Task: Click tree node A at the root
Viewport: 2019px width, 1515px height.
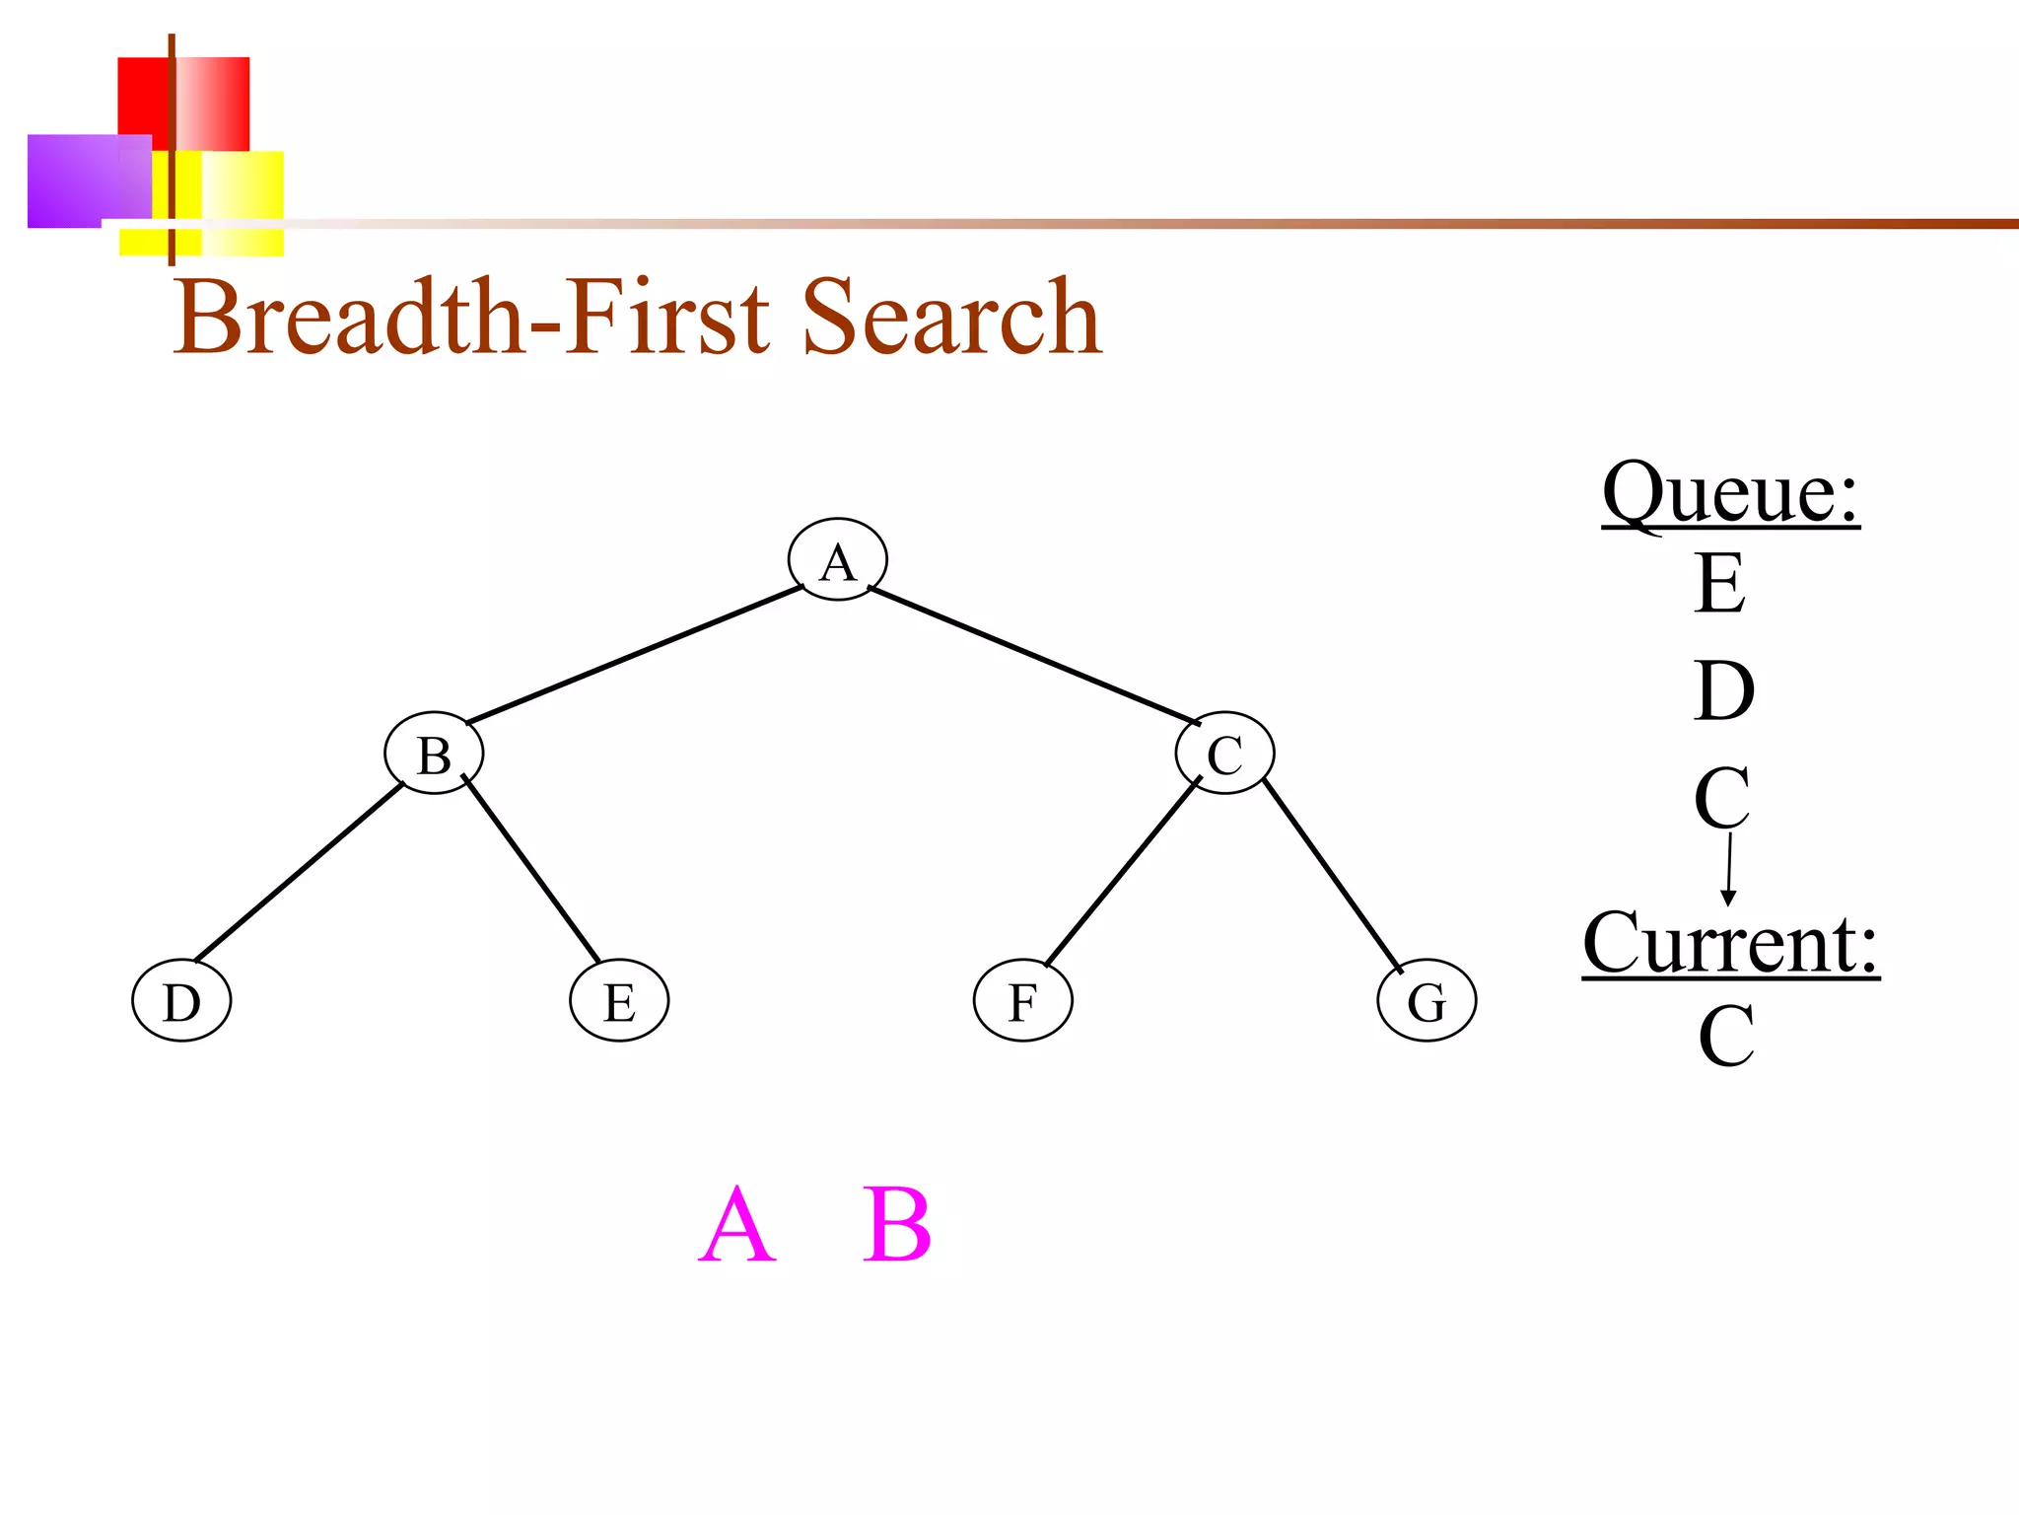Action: click(837, 559)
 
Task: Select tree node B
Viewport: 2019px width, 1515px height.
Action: click(434, 754)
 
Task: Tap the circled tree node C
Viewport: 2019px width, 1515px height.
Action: click(1224, 754)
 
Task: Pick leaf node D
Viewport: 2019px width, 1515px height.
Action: click(181, 1001)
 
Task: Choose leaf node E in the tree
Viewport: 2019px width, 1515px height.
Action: click(619, 1001)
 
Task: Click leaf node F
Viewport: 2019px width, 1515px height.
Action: click(1022, 1001)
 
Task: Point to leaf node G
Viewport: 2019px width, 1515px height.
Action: click(1427, 1001)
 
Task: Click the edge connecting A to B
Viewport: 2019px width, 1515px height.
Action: click(635, 655)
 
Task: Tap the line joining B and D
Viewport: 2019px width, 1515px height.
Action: click(299, 872)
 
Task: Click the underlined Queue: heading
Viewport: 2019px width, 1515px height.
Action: click(1730, 493)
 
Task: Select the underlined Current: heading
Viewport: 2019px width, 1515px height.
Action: click(1730, 943)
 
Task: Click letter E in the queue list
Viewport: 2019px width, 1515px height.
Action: click(1720, 583)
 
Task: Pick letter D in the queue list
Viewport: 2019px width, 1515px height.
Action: click(1724, 690)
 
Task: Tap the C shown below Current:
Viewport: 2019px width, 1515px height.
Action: click(1725, 1036)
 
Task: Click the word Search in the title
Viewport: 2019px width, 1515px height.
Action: click(951, 318)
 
